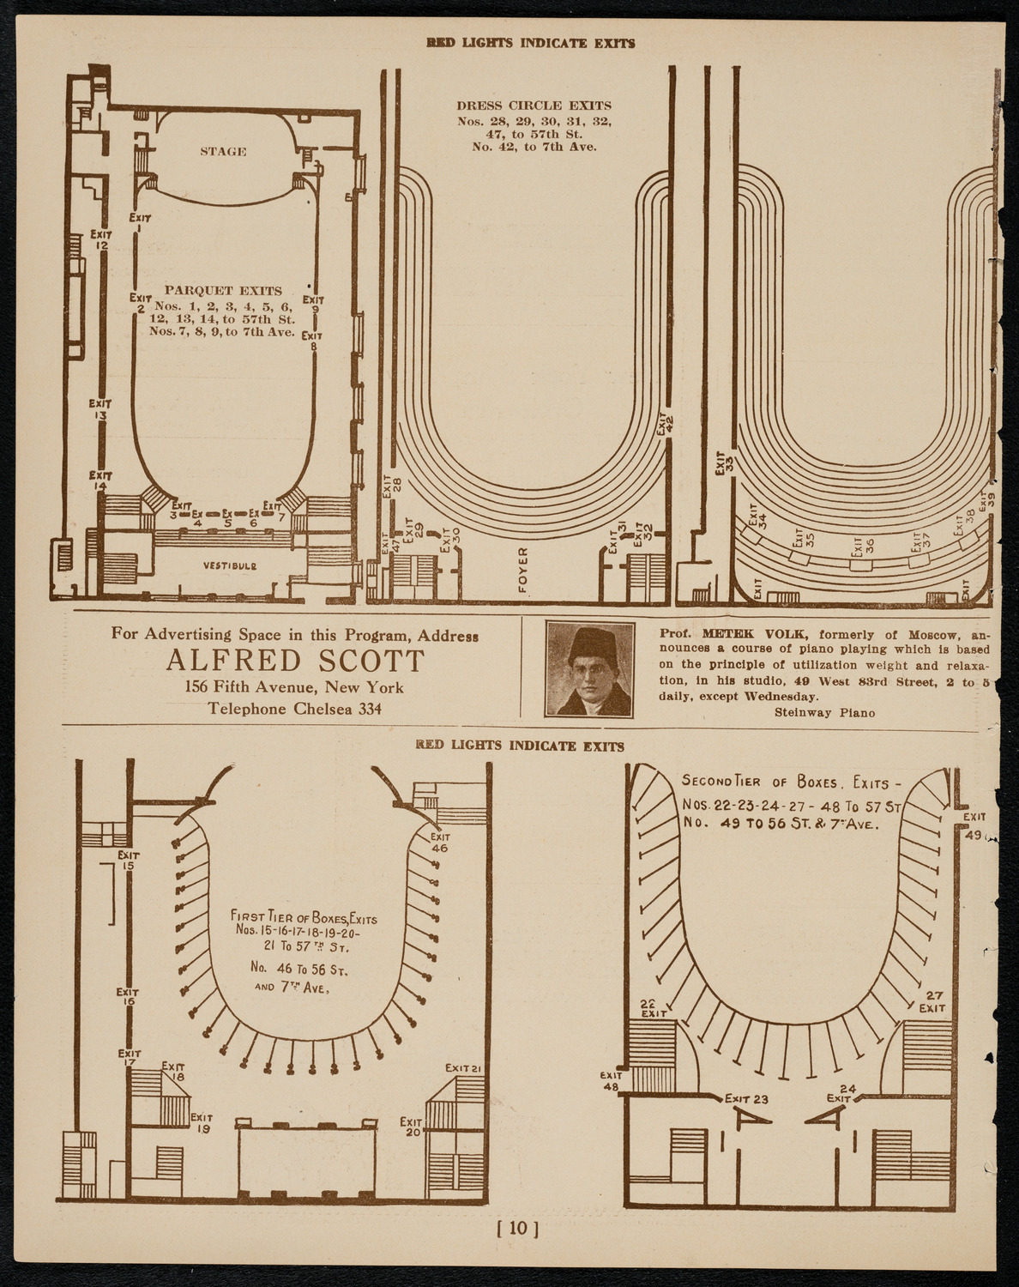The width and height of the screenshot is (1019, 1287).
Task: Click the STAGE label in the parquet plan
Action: (224, 152)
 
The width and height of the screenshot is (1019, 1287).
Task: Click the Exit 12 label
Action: (101, 239)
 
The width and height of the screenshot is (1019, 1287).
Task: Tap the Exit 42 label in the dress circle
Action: (666, 423)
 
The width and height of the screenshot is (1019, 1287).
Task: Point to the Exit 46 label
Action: (440, 842)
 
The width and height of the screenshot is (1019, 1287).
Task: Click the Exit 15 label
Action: (129, 859)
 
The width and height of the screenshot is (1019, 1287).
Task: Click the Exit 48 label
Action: (611, 1080)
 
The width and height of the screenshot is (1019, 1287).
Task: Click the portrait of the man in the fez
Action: (590, 669)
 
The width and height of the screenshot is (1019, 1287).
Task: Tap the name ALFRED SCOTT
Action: (295, 662)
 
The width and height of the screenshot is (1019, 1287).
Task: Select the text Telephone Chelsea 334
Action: (295, 709)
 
